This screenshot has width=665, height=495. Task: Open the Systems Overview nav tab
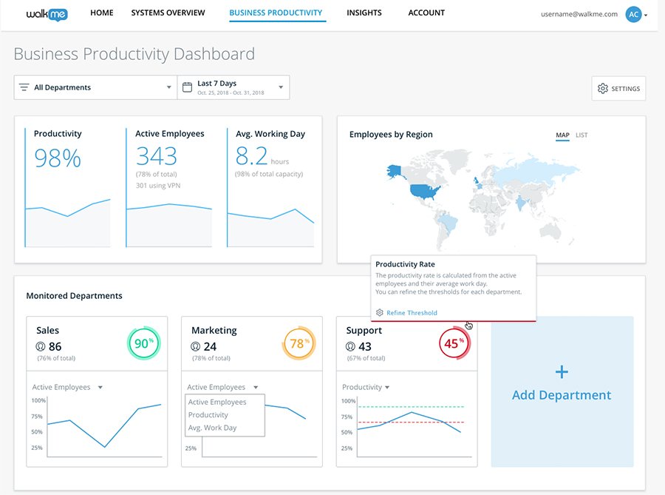point(168,13)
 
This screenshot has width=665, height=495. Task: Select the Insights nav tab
point(364,13)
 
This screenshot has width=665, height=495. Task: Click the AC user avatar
point(633,14)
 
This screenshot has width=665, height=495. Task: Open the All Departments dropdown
point(95,87)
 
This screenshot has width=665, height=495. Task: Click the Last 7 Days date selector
point(233,87)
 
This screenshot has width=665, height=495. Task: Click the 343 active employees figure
point(157,156)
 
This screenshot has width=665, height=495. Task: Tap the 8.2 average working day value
point(251,156)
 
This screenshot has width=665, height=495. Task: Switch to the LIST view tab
point(582,135)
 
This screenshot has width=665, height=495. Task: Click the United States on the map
point(425,191)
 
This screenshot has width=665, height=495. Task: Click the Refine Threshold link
point(411,313)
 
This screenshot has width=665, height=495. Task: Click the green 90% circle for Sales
point(142,344)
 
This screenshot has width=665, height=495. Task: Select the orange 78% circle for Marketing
point(298,344)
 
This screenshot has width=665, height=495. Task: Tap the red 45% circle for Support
point(452,344)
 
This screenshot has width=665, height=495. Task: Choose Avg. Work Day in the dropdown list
point(213,428)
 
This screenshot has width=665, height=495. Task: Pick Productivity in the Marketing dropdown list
point(208,415)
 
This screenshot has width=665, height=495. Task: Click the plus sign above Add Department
point(562,371)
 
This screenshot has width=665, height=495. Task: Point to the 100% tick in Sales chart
point(38,400)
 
